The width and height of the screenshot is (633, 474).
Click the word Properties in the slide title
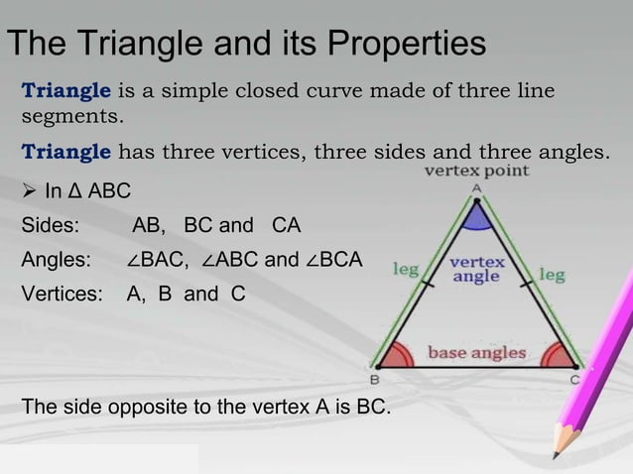click(x=404, y=46)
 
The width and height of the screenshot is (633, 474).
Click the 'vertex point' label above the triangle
click(x=477, y=171)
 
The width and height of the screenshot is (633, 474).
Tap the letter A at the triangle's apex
click(x=476, y=186)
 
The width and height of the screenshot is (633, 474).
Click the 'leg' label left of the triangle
click(x=406, y=268)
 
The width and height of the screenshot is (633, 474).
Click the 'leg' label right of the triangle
click(x=552, y=273)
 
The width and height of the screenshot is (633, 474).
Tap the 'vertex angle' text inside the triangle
click(x=477, y=270)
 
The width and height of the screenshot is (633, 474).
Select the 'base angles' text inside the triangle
click(x=476, y=351)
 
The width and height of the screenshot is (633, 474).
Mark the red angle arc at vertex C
click(x=560, y=355)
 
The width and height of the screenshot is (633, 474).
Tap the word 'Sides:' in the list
click(x=51, y=225)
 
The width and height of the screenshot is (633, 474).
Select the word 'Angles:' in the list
click(x=56, y=261)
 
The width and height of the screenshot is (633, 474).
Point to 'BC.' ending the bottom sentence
click(x=374, y=408)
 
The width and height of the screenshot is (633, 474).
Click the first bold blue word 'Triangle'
click(x=66, y=93)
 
